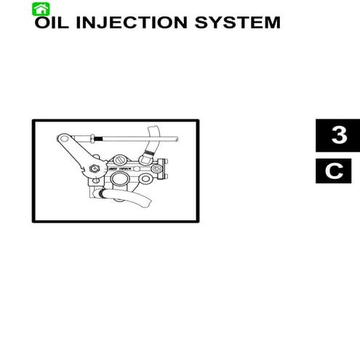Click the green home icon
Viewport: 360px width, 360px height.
coord(41,8)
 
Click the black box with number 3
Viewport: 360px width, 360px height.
coord(338,136)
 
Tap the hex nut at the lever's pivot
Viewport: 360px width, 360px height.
coord(95,172)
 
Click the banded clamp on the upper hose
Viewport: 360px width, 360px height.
coord(148,154)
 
